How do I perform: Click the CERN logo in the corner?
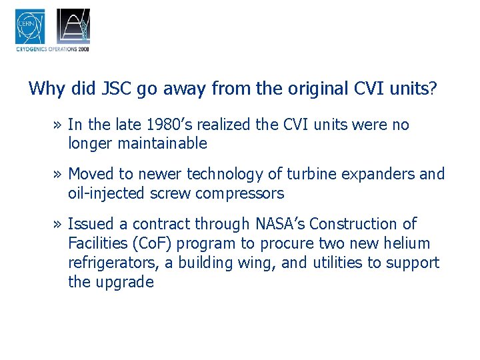[30, 27]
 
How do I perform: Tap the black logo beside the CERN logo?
[73, 27]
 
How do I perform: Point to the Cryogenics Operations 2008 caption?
[52, 49]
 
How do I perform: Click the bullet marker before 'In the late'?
[59, 125]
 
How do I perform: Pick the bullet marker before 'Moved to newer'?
[59, 175]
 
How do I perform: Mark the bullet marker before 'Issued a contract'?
[59, 225]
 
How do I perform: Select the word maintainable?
[161, 143]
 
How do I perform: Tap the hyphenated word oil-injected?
[105, 193]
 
